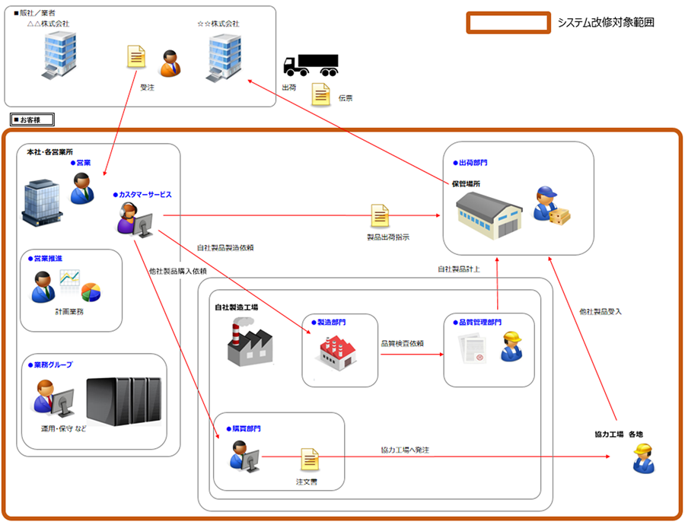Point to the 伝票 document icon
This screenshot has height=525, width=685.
point(322,95)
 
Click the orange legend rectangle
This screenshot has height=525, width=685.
point(508,22)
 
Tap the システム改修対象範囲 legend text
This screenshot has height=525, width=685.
point(605,23)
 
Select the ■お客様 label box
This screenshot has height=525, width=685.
point(31,119)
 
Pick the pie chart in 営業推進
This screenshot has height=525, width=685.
point(91,291)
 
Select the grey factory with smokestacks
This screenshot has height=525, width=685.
point(249,341)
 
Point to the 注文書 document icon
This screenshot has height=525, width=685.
point(309,459)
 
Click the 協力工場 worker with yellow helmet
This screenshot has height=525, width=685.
point(643,458)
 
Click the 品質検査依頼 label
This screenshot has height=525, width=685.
point(402,343)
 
